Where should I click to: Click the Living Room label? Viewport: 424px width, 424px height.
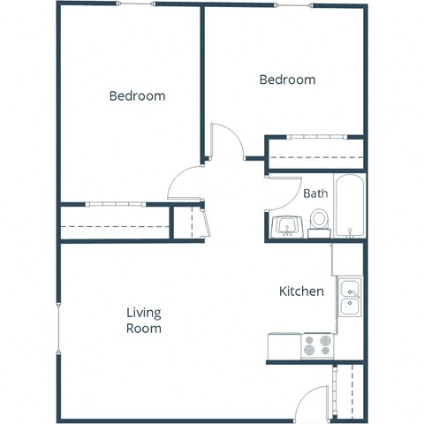(x=143, y=320)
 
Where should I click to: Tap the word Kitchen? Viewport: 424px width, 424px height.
(x=301, y=291)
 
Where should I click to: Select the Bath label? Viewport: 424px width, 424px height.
(x=315, y=193)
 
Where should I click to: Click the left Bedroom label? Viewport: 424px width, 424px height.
(x=137, y=95)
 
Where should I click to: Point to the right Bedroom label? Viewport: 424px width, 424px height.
(x=287, y=79)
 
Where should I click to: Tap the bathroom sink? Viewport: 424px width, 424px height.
(x=286, y=227)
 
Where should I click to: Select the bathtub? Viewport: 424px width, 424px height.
(x=349, y=208)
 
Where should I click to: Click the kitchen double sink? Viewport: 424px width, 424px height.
(x=350, y=297)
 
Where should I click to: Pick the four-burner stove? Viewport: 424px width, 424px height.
(x=316, y=345)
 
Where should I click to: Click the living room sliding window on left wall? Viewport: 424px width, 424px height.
(x=58, y=329)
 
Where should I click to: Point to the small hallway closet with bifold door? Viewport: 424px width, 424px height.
(x=187, y=222)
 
